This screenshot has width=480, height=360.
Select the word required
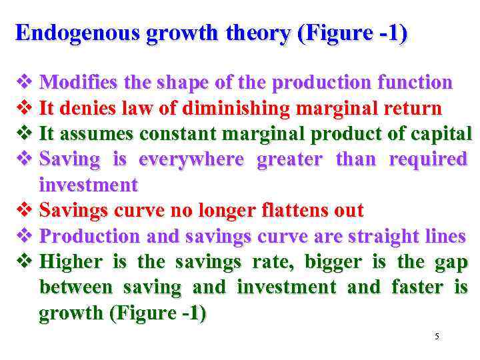click(x=428, y=159)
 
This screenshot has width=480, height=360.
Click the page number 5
click(x=437, y=337)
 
